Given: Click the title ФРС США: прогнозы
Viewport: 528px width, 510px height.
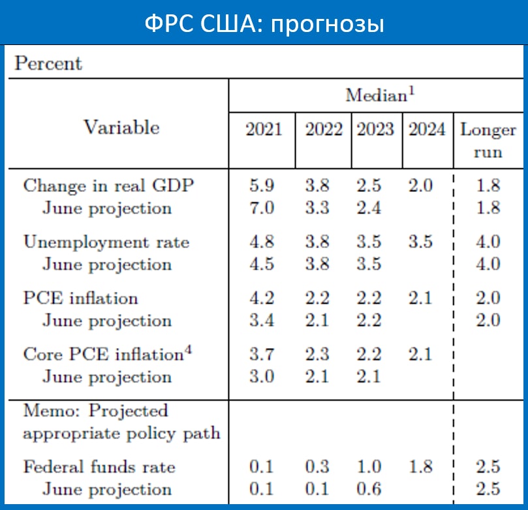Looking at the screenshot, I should pos(264,24).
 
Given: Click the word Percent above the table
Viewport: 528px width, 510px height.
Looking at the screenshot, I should pos(48,63).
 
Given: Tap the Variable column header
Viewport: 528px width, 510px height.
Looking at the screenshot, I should pos(121,127).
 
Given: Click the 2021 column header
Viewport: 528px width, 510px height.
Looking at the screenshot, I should pos(264,129).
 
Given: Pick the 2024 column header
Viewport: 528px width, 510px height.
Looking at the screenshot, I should pos(427,129).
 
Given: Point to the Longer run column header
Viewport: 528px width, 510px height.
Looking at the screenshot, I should pos(488,140).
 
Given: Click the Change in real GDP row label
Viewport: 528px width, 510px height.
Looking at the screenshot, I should pos(109,185).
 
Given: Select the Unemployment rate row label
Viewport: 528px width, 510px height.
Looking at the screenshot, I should pos(106,242).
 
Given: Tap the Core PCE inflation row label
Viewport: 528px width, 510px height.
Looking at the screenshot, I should pos(108,354).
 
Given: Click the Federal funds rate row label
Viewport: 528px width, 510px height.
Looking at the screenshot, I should pos(99,467).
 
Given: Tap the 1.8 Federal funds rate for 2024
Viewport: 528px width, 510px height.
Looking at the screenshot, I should pos(421,467).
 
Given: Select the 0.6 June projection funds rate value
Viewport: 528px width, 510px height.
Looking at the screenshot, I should pos(369,489).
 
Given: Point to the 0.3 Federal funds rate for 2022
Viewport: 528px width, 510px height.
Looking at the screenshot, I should pos(318,467).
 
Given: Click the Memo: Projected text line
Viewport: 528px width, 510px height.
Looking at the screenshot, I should pos(95,411).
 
